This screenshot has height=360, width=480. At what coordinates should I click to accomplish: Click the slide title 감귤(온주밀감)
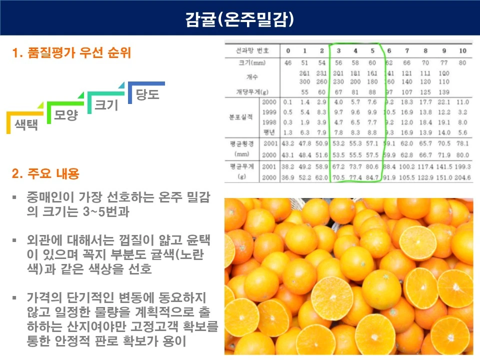click(239, 19)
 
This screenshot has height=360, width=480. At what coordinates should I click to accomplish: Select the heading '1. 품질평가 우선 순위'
click(74, 53)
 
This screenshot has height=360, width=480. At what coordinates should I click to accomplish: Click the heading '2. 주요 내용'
click(45, 174)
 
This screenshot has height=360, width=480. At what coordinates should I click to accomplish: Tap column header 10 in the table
click(462, 50)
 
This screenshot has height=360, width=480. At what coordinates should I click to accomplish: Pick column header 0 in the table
click(288, 50)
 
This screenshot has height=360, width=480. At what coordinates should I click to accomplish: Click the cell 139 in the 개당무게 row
click(444, 92)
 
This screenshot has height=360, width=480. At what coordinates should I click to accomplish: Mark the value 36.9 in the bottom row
click(288, 177)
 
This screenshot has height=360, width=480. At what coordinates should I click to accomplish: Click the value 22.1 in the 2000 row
click(444, 102)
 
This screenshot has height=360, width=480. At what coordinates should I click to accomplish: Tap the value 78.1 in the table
click(462, 143)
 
